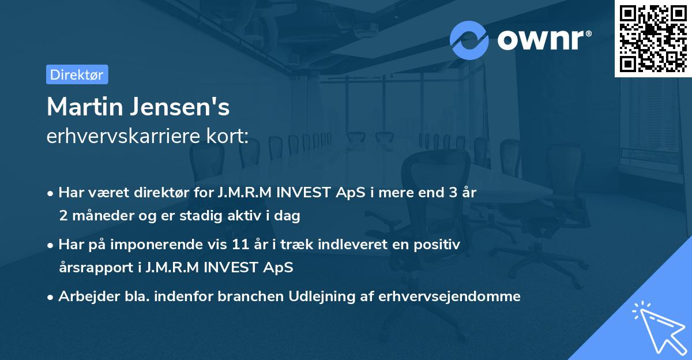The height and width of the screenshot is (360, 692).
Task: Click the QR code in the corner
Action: coord(653,38)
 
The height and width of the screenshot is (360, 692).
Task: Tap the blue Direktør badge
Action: coord(77,74)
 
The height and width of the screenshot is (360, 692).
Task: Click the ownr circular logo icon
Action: coord(469,40)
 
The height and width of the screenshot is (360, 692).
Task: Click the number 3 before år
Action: coord(445,193)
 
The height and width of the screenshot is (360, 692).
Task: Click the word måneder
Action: coord(101,216)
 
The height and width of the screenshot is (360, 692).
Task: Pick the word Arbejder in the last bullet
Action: coord(84,297)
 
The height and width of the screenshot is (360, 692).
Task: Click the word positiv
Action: coord(438,245)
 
